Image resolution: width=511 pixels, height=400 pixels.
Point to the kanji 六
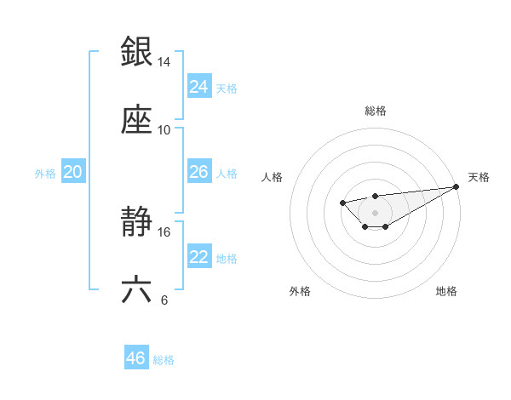coord(136,290)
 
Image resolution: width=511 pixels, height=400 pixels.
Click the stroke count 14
coord(164,62)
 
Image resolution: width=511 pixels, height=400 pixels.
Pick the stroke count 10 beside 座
coord(164,130)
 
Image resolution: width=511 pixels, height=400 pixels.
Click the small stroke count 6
coord(164,300)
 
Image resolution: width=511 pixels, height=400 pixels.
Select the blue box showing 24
coord(199,87)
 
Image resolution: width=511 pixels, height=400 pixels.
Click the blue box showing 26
coord(199,172)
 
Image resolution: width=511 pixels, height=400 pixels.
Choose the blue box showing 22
coord(199,257)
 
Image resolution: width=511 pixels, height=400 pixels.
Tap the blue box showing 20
coord(73,172)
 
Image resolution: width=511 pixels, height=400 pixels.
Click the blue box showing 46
coord(136,358)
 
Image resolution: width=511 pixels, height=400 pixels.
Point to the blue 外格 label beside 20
coord(45,173)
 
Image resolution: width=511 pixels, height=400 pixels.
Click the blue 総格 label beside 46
coord(164,359)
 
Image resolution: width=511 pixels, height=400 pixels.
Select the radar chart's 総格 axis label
coord(375,111)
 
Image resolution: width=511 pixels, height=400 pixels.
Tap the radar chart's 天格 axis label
coord(479,177)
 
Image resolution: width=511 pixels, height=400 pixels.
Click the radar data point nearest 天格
coord(456,186)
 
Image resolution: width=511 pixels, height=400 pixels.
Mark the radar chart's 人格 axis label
coord(273,177)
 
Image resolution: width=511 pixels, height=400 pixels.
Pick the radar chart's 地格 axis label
coord(446,291)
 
